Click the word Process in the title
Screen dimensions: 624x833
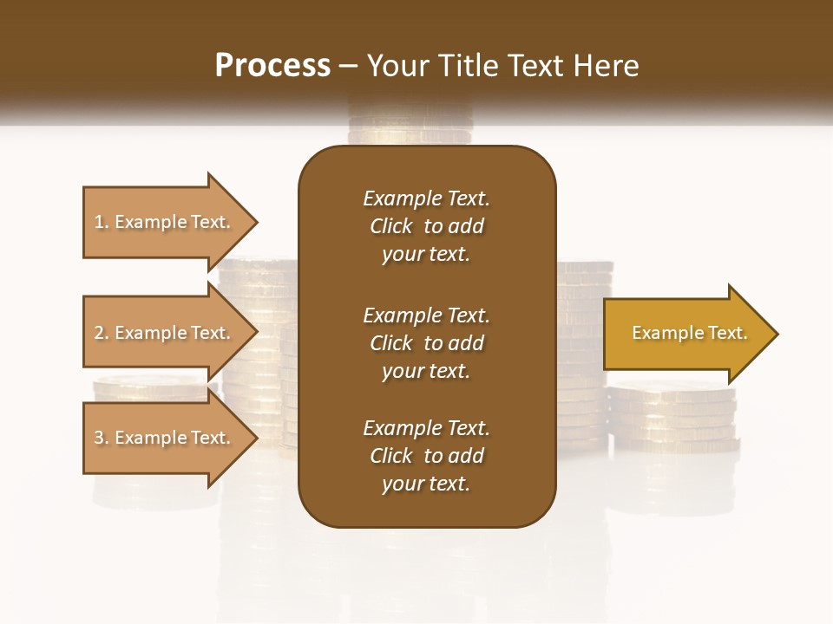coord(272,66)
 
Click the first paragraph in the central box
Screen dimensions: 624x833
coord(426,226)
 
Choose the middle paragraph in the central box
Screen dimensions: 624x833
coord(426,342)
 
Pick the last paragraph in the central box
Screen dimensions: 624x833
coord(426,456)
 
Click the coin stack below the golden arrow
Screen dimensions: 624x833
coord(672,416)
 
